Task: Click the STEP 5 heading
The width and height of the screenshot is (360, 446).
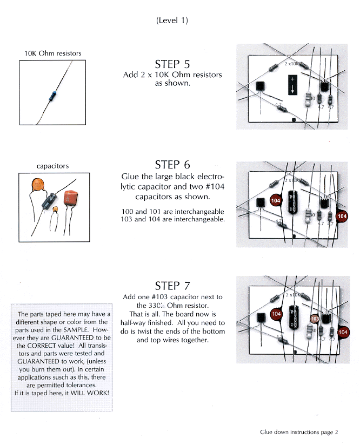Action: tap(172, 64)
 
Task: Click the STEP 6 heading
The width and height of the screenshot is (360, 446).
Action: tap(172, 164)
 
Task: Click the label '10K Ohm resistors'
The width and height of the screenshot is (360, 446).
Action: tap(53, 53)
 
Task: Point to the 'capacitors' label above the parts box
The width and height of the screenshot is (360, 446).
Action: tap(52, 166)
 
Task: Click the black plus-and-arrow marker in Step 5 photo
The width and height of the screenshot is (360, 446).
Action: tap(292, 85)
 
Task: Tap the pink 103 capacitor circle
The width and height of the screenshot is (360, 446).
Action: tap(315, 319)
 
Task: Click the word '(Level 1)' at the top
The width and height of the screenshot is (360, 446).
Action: tap(171, 21)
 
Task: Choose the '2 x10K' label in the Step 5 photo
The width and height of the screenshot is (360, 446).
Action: tap(292, 64)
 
